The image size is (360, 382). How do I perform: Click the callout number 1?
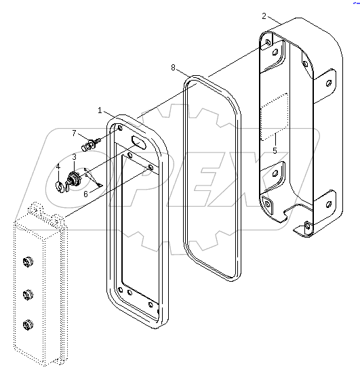(x=100, y=110)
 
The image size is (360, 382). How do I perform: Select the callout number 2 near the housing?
(x=264, y=15)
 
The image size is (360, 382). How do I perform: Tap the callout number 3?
(x=74, y=157)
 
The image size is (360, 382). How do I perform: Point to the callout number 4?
(x=58, y=167)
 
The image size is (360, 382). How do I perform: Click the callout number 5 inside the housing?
(x=274, y=150)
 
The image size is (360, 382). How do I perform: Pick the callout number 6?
(x=85, y=194)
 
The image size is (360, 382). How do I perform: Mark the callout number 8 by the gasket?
(x=174, y=68)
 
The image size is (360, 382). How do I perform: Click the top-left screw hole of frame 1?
(x=120, y=128)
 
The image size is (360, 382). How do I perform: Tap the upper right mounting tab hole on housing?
(x=329, y=83)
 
